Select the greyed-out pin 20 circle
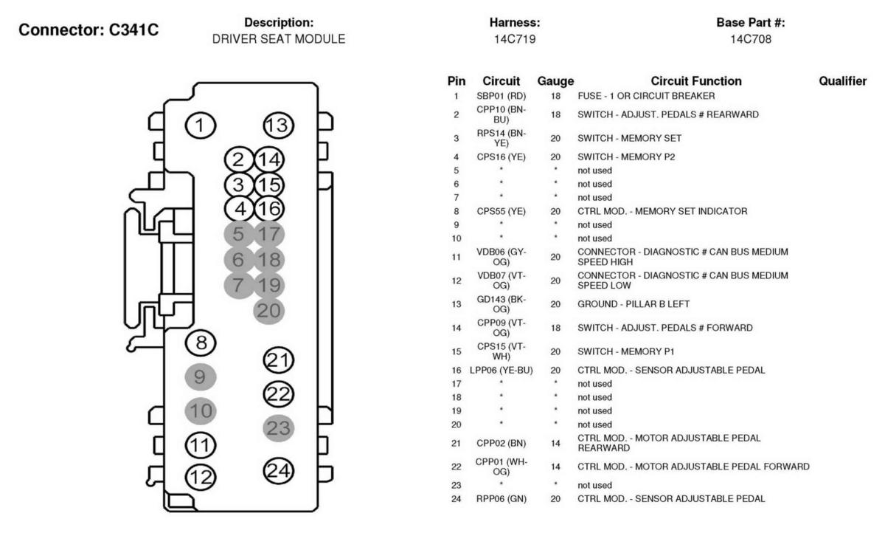(268, 311)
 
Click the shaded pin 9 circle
(201, 376)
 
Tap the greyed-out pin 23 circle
(279, 428)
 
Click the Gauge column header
(555, 81)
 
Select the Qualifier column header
(843, 81)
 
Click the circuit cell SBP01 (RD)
(501, 96)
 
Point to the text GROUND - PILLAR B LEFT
(634, 304)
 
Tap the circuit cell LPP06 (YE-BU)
(501, 370)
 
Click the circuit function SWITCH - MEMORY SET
(629, 138)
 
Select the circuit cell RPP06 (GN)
(501, 499)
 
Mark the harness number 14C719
(515, 39)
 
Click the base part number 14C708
(751, 39)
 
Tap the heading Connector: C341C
(88, 30)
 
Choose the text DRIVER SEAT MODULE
(279, 39)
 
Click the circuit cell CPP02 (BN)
(501, 443)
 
